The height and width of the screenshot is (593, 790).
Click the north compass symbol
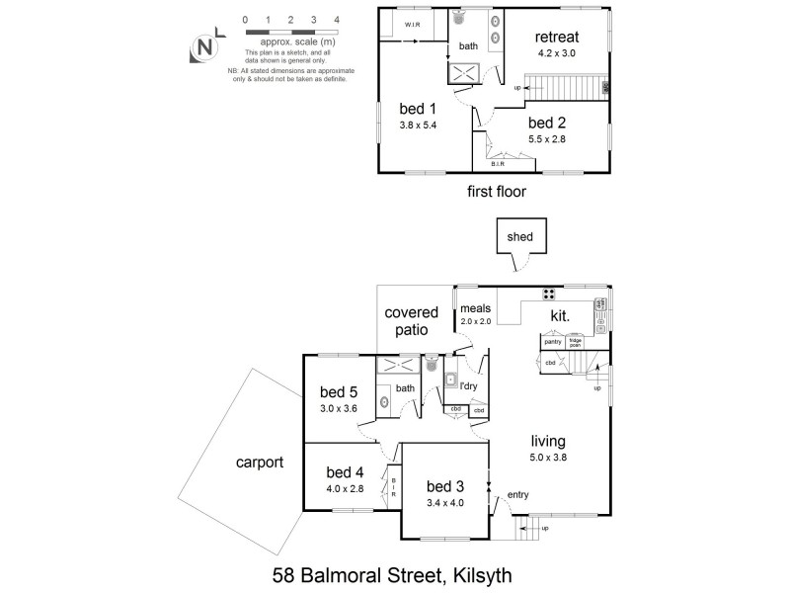[204, 46]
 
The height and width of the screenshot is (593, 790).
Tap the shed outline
[518, 237]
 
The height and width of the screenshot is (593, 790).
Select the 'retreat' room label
[558, 38]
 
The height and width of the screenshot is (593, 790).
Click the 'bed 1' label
[416, 109]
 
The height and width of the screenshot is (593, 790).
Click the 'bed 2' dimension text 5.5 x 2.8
[546, 138]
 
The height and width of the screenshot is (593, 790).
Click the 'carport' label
[260, 462]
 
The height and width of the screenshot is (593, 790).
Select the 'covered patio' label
[412, 321]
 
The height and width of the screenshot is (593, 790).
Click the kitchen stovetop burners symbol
[548, 293]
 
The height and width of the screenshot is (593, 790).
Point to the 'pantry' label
[552, 341]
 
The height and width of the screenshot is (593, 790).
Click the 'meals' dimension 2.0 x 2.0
[475, 321]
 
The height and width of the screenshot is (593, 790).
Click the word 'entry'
[517, 494]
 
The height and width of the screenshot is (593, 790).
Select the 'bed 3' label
[445, 485]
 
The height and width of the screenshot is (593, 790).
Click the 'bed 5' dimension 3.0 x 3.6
[339, 407]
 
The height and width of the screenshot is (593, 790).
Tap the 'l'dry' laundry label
[468, 385]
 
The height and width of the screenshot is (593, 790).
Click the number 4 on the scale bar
[338, 20]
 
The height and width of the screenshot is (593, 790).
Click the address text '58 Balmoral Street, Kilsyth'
[394, 572]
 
